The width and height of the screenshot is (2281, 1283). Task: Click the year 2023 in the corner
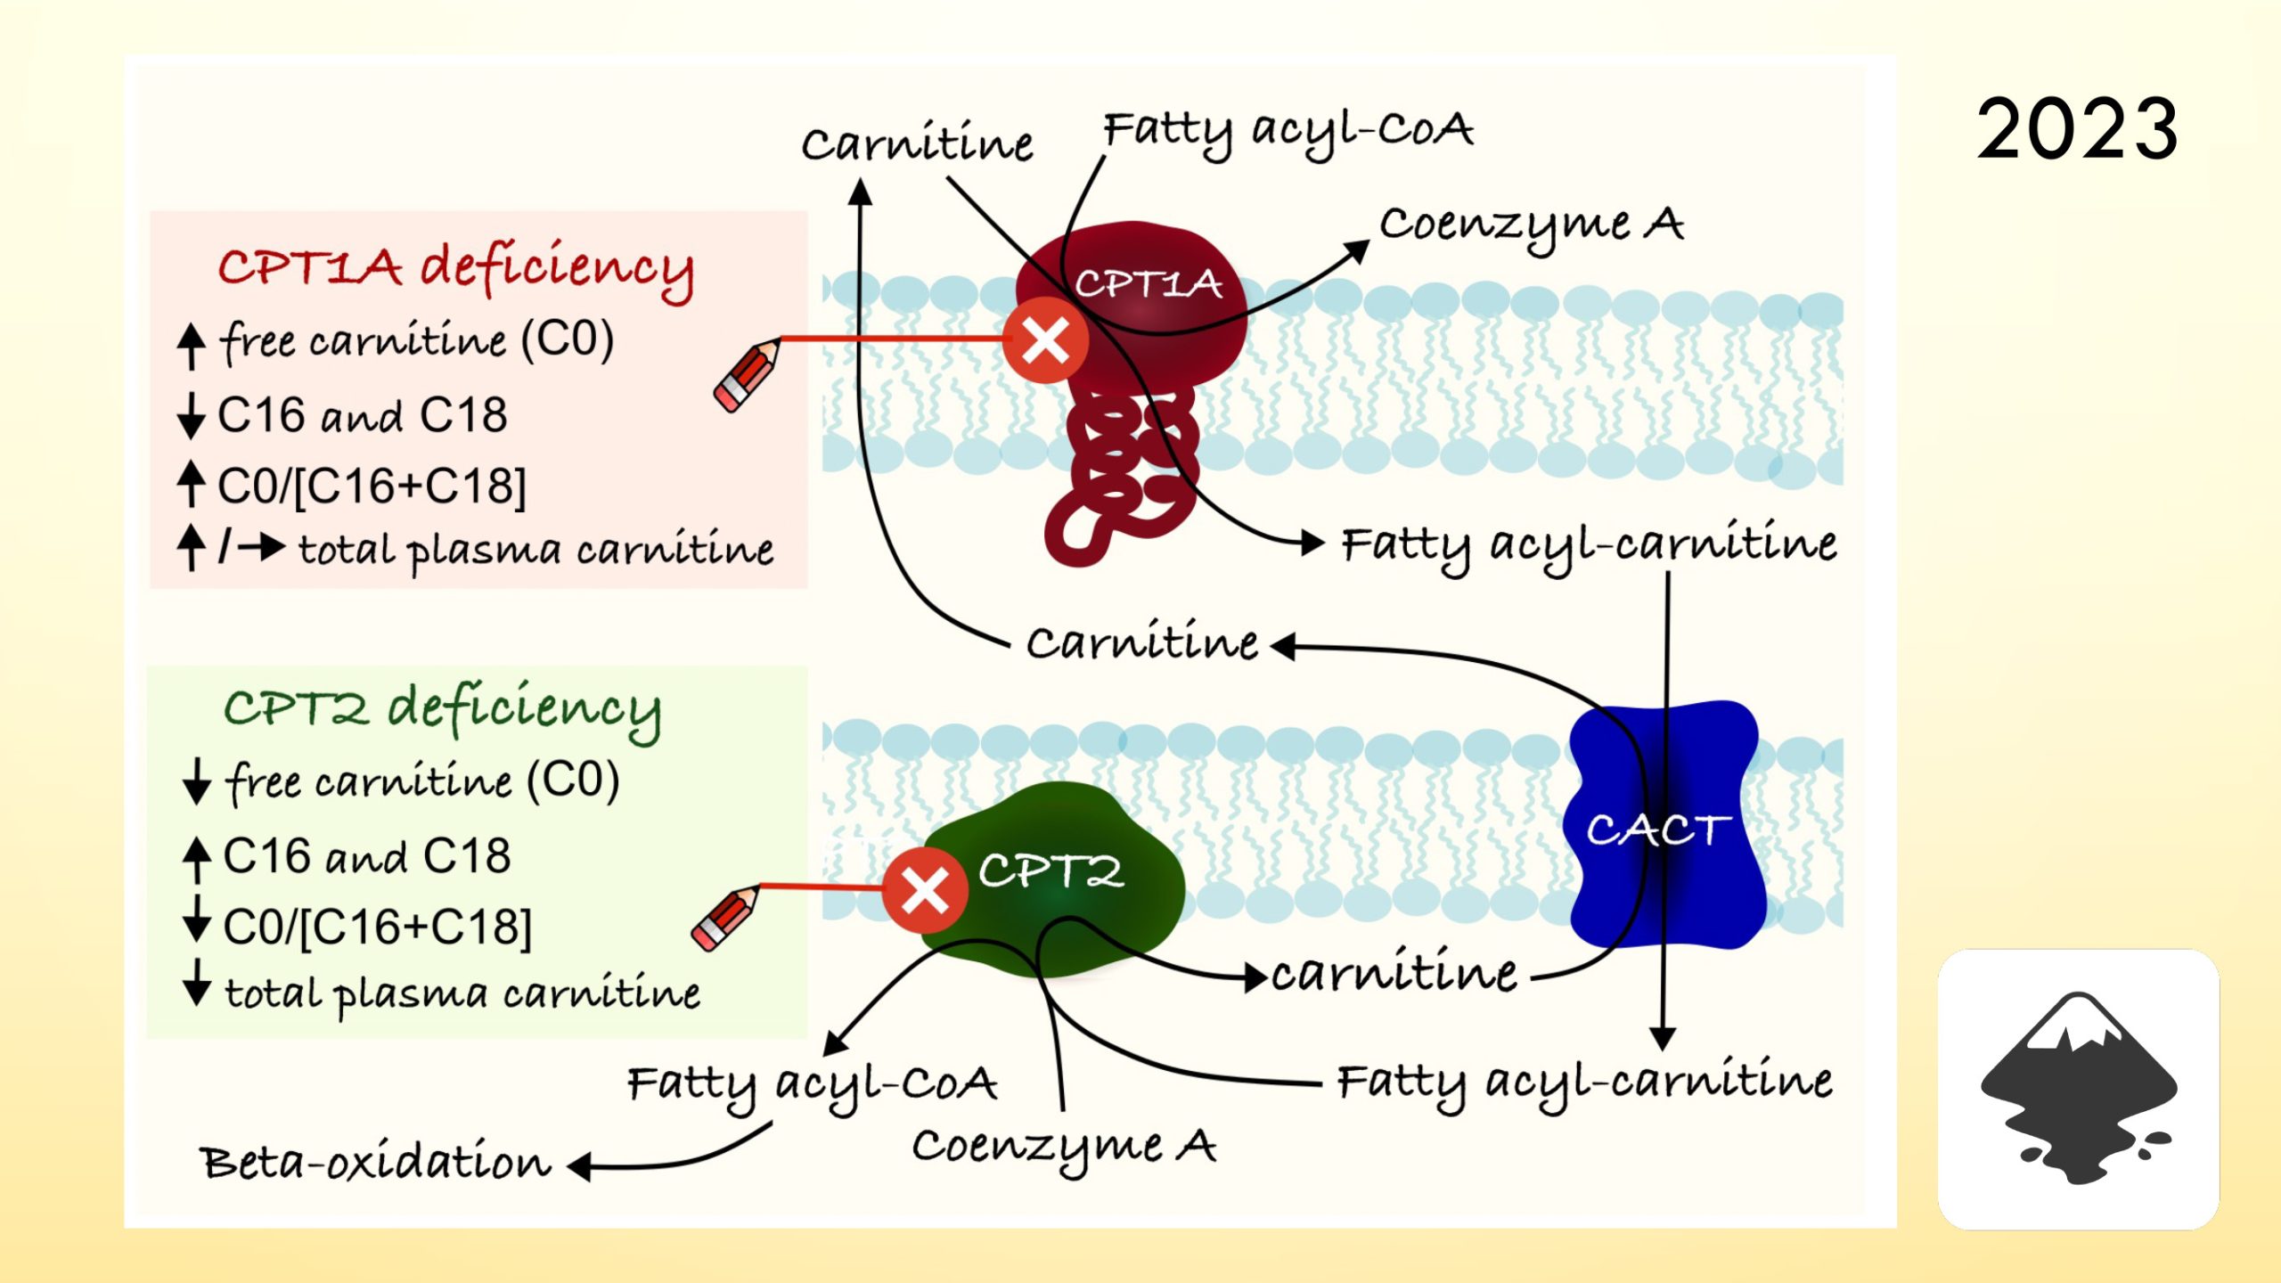click(2076, 130)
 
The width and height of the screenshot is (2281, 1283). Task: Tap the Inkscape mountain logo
click(2078, 1089)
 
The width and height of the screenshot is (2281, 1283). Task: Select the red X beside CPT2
click(925, 889)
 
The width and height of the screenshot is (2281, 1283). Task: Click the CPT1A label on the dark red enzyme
click(1148, 284)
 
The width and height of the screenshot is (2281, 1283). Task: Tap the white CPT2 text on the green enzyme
click(1051, 870)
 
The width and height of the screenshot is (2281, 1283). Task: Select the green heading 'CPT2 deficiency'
click(443, 709)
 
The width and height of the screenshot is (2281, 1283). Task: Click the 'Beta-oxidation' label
click(376, 1163)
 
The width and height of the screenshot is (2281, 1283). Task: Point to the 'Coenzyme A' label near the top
click(1531, 225)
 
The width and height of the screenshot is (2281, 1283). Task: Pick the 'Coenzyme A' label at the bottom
click(1064, 1147)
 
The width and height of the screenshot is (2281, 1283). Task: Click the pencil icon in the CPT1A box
click(747, 376)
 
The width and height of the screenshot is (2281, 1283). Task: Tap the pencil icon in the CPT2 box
click(725, 919)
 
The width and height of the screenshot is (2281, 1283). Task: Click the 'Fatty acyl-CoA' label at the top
click(1288, 131)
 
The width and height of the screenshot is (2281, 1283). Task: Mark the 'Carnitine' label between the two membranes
click(1141, 643)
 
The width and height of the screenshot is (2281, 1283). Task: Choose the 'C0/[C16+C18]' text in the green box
click(378, 927)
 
